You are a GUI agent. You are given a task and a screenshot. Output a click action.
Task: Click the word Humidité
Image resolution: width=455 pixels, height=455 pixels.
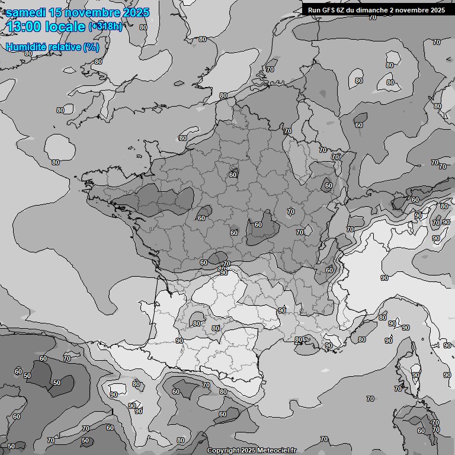25,47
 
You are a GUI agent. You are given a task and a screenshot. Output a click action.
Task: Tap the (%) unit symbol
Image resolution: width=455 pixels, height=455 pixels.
91,47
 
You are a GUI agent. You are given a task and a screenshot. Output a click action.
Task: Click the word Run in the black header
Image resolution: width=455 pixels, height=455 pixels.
315,9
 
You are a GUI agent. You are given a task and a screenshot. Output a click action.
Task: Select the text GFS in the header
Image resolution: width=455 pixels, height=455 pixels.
329,9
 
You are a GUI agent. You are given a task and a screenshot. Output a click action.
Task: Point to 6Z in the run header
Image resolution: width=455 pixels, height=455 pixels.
343,9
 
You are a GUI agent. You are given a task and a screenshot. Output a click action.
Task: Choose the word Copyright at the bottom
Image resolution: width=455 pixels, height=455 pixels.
222,451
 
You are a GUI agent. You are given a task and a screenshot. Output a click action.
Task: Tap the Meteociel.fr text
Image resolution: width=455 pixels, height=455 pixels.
275,451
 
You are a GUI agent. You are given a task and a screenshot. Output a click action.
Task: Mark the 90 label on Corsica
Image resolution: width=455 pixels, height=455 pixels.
415,375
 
